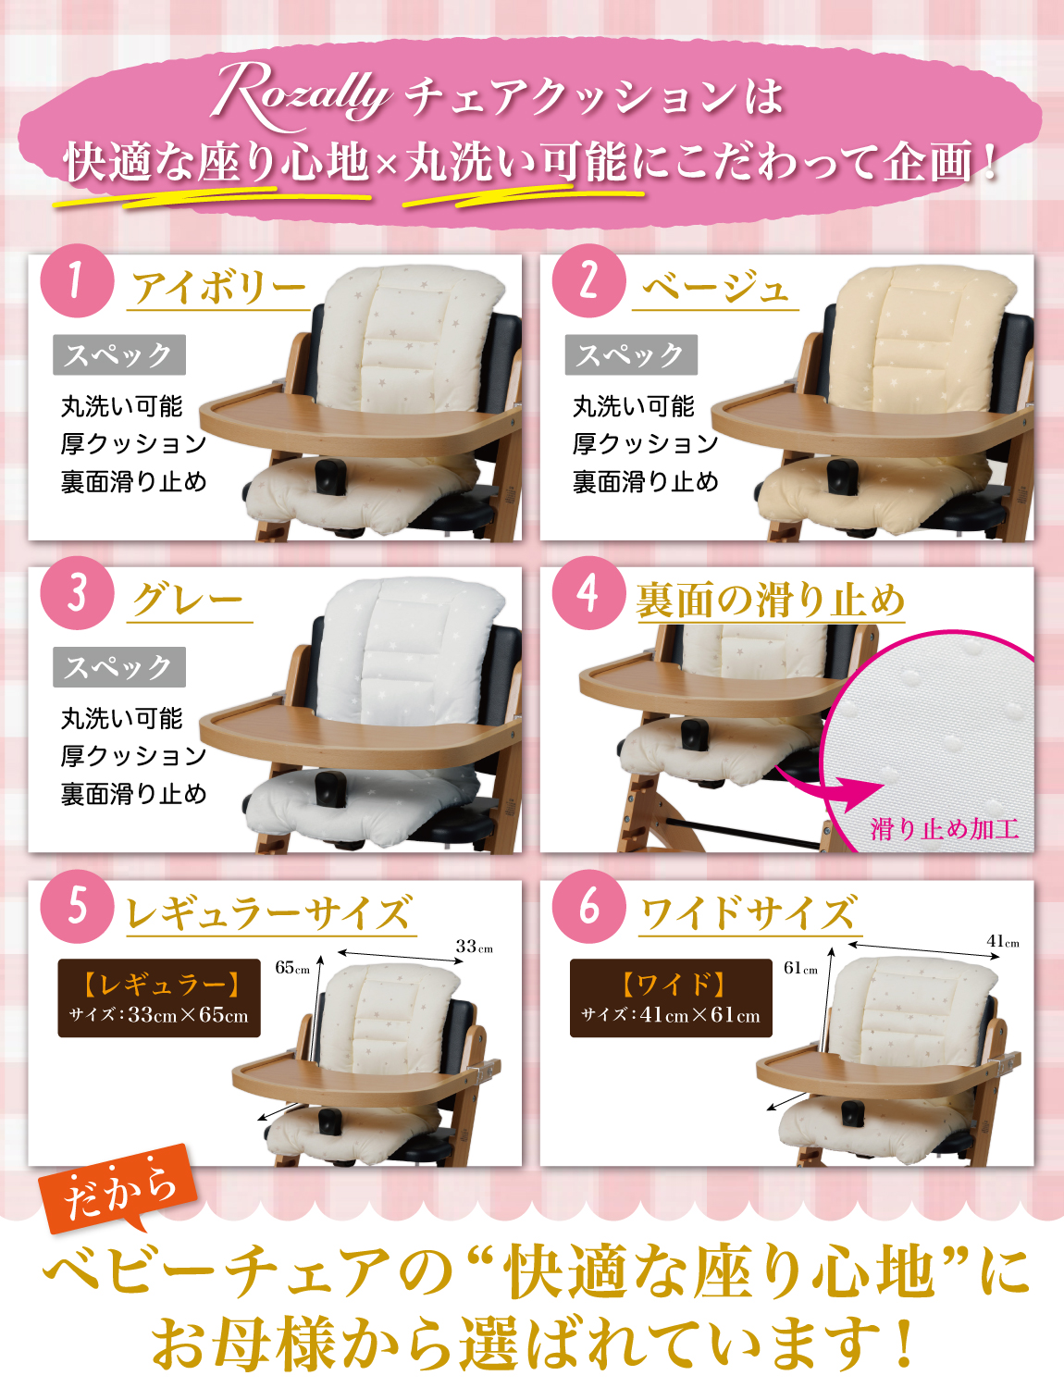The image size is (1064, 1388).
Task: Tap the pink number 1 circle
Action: pos(78,280)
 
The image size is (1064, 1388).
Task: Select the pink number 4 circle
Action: pos(588,593)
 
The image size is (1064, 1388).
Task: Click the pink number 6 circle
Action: pos(588,906)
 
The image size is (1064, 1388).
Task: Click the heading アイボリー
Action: pos(219,288)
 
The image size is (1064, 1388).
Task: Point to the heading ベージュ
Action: pos(714,288)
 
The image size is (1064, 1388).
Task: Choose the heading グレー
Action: pos(188,601)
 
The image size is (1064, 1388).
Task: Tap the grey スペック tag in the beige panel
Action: pos(631,354)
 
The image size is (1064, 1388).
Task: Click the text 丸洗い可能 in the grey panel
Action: pos(122,719)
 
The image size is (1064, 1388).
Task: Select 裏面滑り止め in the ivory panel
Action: pos(134,481)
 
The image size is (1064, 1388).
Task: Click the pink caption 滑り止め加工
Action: pos(944,829)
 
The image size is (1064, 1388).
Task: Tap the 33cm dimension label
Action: pos(474,946)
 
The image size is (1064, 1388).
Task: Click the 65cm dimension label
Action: pos(292,967)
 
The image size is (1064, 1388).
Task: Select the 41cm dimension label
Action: pos(1003,941)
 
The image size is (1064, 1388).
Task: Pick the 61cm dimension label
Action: pos(801,968)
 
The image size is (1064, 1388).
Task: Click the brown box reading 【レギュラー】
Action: pos(159,998)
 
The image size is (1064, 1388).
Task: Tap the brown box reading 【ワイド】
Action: pos(671,998)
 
